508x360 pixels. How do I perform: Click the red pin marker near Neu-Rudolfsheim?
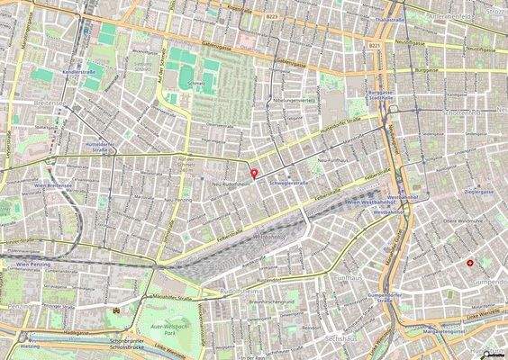pyautogui.click(x=253, y=173)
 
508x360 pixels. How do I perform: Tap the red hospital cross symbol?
pyautogui.click(x=470, y=262)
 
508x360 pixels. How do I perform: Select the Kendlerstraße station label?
pyautogui.click(x=79, y=70)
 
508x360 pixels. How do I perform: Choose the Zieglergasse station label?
pyautogui.click(x=478, y=192)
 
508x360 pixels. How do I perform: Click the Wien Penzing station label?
pyautogui.click(x=32, y=265)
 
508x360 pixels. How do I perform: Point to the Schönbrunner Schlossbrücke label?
pyautogui.click(x=127, y=345)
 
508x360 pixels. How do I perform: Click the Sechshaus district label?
pyautogui.click(x=334, y=337)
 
